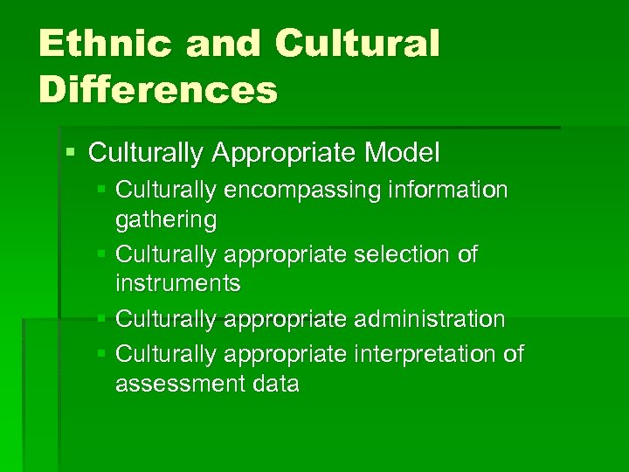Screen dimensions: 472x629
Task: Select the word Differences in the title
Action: point(157,89)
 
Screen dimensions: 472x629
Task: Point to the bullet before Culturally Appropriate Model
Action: point(71,152)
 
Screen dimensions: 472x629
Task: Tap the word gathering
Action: point(166,219)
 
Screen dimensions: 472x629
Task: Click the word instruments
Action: point(178,283)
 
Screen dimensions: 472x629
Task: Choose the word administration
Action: point(429,319)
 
